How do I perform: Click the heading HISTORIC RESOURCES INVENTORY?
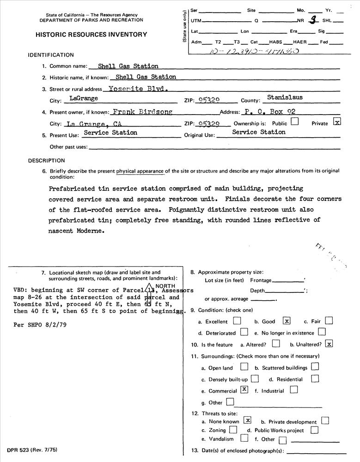[91, 35]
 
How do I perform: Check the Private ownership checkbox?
[337, 122]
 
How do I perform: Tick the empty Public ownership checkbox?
[294, 122]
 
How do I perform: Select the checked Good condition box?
[287, 321]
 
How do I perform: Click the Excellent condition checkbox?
[237, 320]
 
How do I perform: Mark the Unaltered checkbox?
[329, 343]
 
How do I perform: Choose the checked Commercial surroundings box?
[244, 390]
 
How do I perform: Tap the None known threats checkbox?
[248, 420]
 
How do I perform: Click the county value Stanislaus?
[285, 98]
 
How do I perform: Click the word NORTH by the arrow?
[165, 286]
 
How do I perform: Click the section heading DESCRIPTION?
[47, 161]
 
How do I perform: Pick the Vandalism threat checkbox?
[244, 438]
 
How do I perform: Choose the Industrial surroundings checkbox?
[293, 390]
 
